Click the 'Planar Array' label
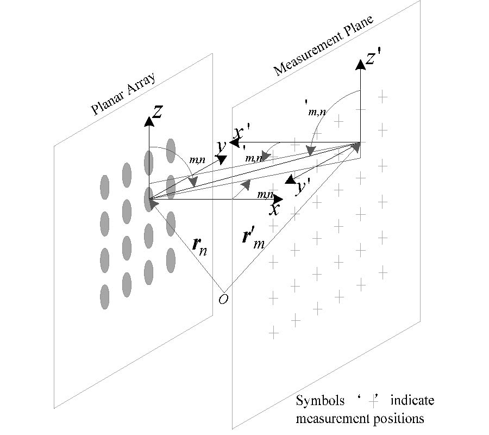124,93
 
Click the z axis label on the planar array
157,113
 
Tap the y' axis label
302,188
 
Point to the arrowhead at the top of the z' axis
359,64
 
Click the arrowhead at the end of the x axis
278,199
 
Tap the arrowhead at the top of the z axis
148,120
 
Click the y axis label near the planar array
221,146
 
